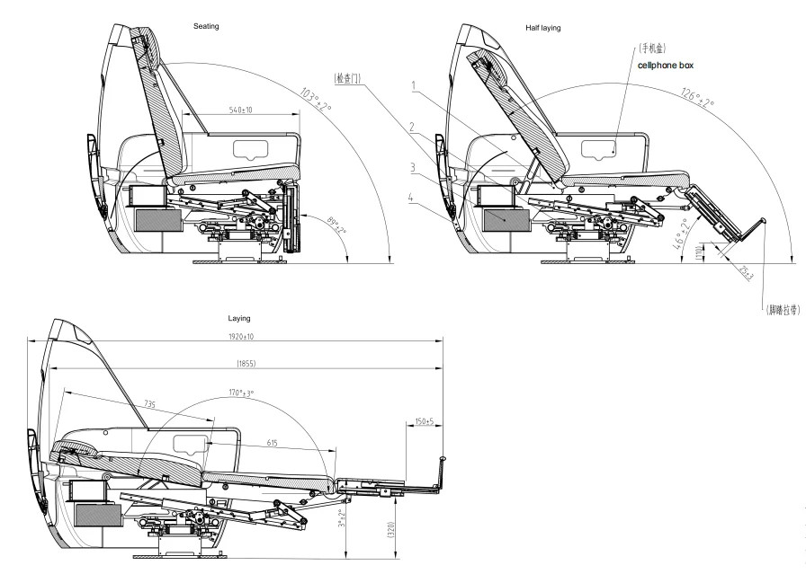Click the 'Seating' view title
pos(206,26)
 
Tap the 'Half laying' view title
pos(542,28)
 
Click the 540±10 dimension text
pos(239,110)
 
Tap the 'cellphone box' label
pos(666,66)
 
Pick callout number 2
pos(411,127)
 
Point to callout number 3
pos(411,167)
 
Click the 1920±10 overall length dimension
pos(234,336)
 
